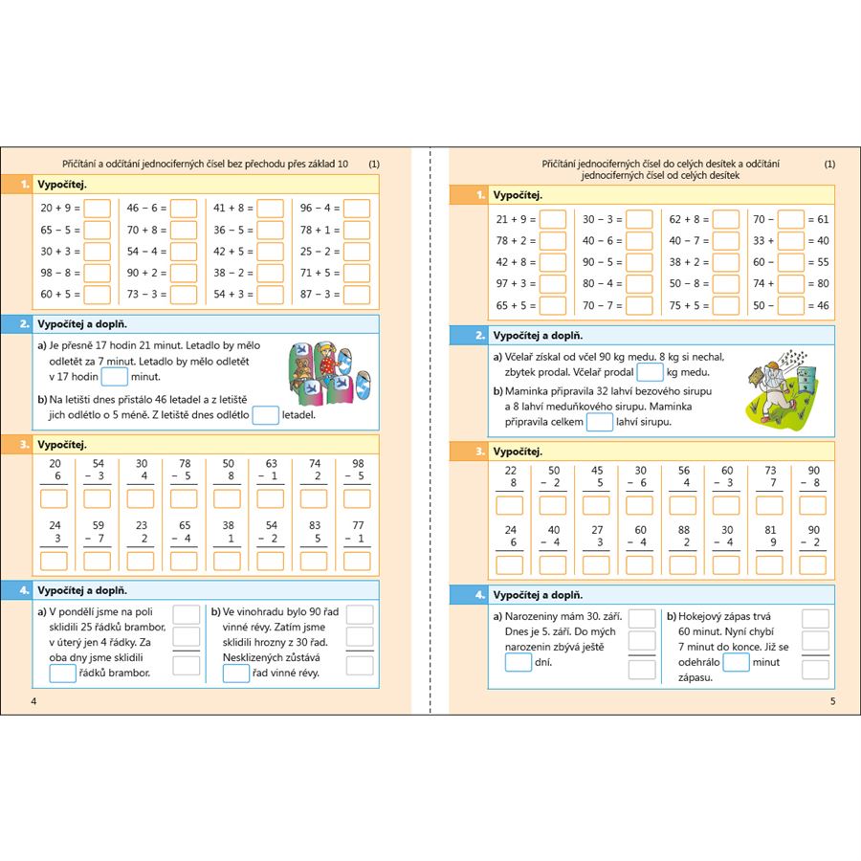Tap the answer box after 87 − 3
pyautogui.click(x=357, y=295)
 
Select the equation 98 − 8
pyautogui.click(x=60, y=273)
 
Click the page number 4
pyautogui.click(x=34, y=702)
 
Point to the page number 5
pyautogui.click(x=832, y=702)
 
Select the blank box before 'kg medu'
pyautogui.click(x=651, y=372)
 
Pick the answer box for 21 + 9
pyautogui.click(x=553, y=219)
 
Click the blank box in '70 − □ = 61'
pyautogui.click(x=790, y=219)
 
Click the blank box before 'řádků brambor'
pyautogui.click(x=63, y=673)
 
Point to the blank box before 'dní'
pyautogui.click(x=519, y=661)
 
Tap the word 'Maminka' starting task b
pyautogui.click(x=525, y=391)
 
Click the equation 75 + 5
pyautogui.click(x=689, y=306)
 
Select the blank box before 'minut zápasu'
pyautogui.click(x=737, y=661)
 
